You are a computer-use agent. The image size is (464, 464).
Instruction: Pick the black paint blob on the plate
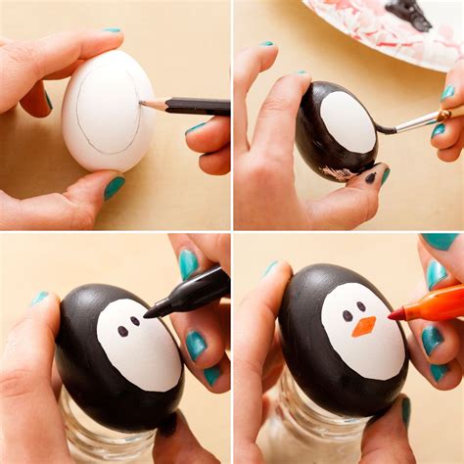tap(409, 13)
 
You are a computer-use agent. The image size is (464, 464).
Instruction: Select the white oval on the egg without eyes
tap(348, 121)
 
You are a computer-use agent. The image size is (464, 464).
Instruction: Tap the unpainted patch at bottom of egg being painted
tap(339, 172)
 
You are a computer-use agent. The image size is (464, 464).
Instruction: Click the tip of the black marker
tap(148, 313)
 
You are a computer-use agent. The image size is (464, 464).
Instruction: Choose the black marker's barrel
tap(196, 291)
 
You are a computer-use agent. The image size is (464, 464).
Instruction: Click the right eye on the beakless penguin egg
tap(135, 320)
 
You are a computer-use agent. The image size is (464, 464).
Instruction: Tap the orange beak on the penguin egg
tap(363, 326)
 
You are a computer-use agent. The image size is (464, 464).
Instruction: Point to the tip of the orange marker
tap(391, 315)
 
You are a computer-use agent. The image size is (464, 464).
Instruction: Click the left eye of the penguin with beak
tap(348, 316)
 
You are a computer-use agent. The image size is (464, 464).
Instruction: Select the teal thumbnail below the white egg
tap(115, 187)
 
